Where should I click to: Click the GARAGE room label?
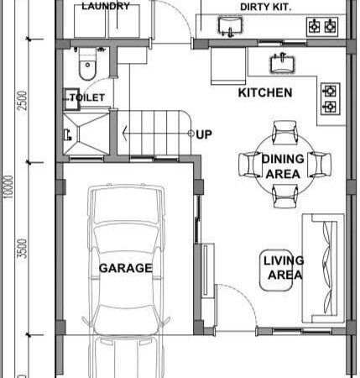tap(126, 268)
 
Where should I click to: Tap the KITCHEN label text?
tap(265, 92)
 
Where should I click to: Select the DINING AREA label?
tap(283, 166)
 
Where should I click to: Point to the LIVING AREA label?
tap(284, 268)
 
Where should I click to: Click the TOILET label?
tap(87, 97)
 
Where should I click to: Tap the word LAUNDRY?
tap(106, 6)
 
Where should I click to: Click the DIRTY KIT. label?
tap(266, 7)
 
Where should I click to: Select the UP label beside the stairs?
tap(204, 134)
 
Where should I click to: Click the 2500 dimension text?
tap(23, 101)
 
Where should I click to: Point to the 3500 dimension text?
tap(23, 249)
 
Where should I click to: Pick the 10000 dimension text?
tap(8, 187)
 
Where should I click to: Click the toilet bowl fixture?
tap(87, 64)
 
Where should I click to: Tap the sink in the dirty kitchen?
tap(230, 27)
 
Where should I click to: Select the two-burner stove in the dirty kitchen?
tap(322, 27)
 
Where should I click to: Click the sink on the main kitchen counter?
tap(282, 64)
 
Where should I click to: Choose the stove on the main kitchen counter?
tap(331, 99)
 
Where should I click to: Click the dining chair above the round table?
tap(285, 133)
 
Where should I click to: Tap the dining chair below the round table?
tap(285, 196)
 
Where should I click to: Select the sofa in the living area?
tap(323, 269)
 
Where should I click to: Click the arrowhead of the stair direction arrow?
tap(125, 134)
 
